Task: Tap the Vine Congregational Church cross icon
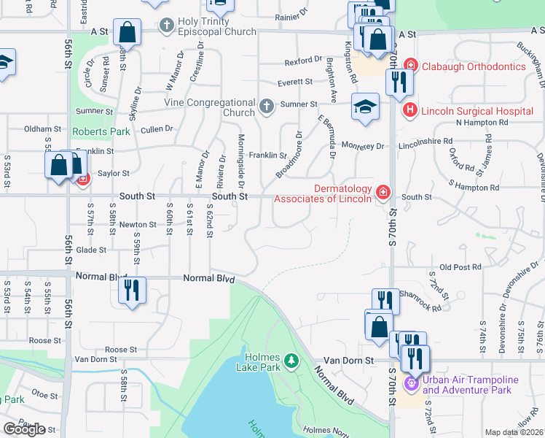coord(267,108)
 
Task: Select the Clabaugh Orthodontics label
coord(474,66)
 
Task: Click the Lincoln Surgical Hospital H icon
coord(409,111)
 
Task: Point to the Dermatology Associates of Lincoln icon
coord(383,193)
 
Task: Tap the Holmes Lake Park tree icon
coord(291,361)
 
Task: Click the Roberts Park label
coord(101,131)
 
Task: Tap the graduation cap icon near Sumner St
coord(365,107)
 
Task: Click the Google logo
coord(25,429)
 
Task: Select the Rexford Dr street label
coord(304,60)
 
